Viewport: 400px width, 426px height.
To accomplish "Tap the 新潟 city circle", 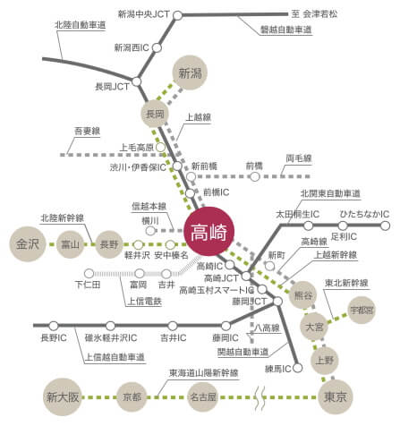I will (189, 73).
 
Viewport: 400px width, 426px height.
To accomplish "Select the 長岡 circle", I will (155, 114).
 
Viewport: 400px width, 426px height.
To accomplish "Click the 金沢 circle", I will (28, 243).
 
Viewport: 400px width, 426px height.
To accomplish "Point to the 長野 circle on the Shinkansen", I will (109, 243).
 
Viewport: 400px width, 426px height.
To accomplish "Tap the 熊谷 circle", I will (304, 295).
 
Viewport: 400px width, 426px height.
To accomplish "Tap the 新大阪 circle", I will (63, 396).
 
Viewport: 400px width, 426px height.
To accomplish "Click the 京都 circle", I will (132, 396).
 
